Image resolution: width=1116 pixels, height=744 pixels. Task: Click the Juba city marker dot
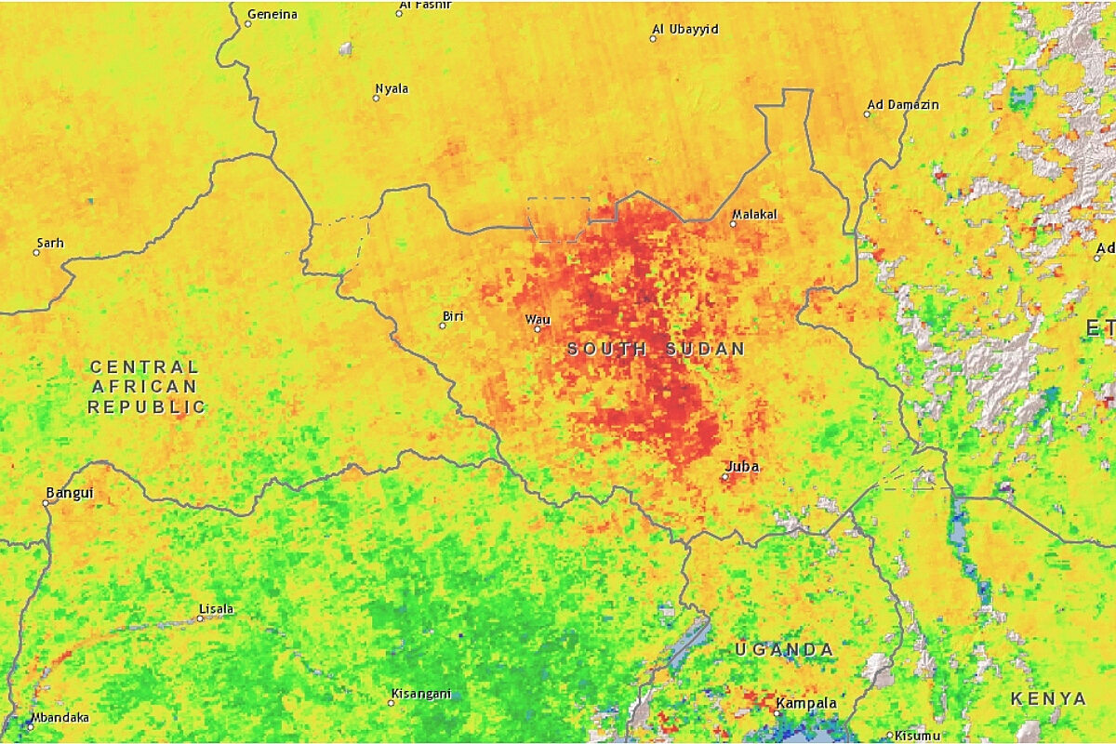tap(725, 477)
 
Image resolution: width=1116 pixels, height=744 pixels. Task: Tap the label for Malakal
tap(754, 214)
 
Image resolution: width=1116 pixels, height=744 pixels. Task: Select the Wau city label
tap(538, 319)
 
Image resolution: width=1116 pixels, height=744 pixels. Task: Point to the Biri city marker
tap(443, 325)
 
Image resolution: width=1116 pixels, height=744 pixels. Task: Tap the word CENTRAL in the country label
tap(144, 367)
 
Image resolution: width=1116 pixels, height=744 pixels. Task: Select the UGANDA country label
tap(784, 649)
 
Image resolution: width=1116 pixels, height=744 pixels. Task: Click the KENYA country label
tap(1048, 698)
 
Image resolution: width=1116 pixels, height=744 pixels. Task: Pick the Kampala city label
tap(805, 702)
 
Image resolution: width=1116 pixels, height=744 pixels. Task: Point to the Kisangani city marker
tap(392, 702)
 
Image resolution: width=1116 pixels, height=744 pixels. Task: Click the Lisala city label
tap(216, 609)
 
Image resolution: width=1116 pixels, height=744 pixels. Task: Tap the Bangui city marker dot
tap(46, 502)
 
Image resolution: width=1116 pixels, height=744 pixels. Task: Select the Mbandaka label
tap(60, 717)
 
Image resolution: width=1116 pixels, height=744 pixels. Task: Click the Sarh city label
tap(50, 243)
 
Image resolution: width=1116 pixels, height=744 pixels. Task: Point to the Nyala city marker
tap(377, 98)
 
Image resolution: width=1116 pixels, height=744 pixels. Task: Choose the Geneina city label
tap(272, 14)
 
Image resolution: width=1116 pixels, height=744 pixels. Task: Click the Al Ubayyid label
tap(685, 29)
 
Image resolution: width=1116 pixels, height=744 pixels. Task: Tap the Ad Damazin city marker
tap(867, 114)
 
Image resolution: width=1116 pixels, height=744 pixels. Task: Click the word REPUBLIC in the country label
tap(147, 406)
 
